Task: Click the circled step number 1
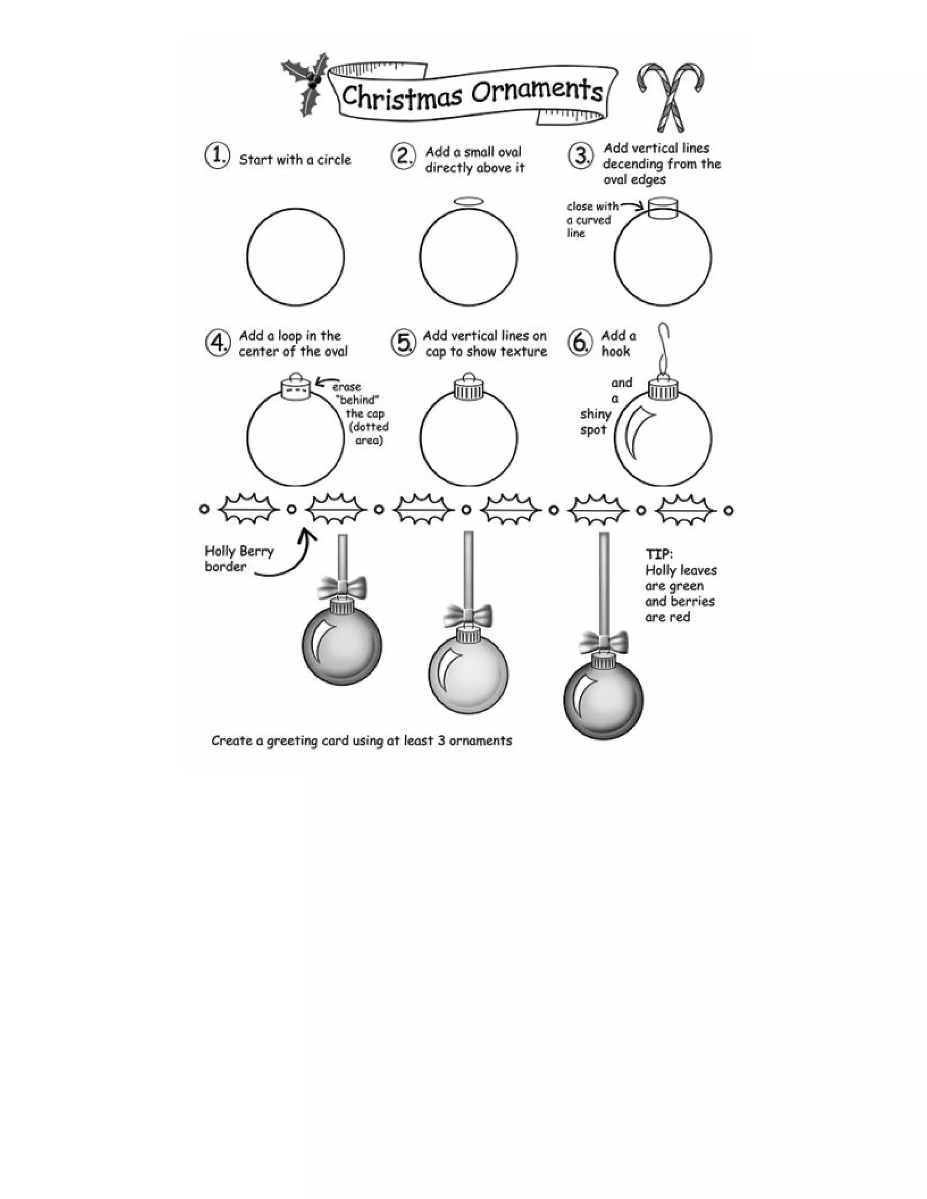coord(217,156)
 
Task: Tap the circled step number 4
coord(217,343)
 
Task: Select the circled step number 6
coord(580,343)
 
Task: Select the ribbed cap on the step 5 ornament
coord(468,391)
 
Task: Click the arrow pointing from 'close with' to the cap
coord(633,206)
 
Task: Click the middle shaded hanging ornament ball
coord(468,675)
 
